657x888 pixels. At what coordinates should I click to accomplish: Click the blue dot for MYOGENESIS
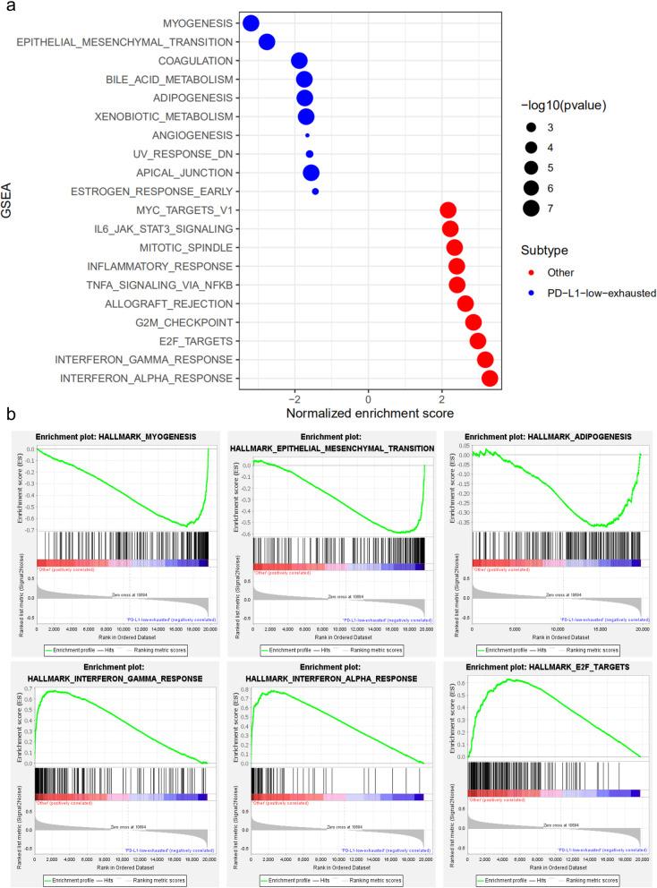tap(252, 23)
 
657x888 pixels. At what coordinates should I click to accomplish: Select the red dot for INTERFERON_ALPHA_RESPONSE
tap(490, 379)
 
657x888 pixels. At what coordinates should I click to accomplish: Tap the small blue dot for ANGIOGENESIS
tap(307, 135)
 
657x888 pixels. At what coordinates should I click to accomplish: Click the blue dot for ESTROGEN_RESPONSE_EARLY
tap(315, 191)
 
